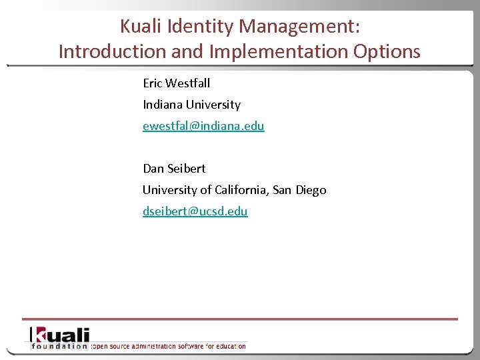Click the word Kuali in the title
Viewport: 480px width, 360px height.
[141, 26]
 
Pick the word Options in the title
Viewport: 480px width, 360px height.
[389, 52]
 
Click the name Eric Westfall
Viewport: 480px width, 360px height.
[177, 83]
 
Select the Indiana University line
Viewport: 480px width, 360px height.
[191, 105]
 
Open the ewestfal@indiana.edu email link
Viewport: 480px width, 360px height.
[203, 126]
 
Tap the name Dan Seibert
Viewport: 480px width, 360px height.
[174, 169]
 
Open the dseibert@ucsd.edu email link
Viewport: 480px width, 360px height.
[195, 211]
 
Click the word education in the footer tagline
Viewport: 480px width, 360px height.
[230, 346]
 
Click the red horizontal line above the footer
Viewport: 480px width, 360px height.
[240, 319]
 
